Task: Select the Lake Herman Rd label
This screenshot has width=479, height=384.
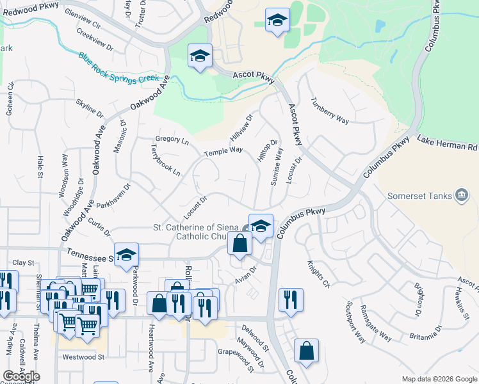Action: tap(448, 143)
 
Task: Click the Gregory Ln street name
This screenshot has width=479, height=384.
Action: tap(172, 141)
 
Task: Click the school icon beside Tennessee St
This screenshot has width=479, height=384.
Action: tap(126, 255)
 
